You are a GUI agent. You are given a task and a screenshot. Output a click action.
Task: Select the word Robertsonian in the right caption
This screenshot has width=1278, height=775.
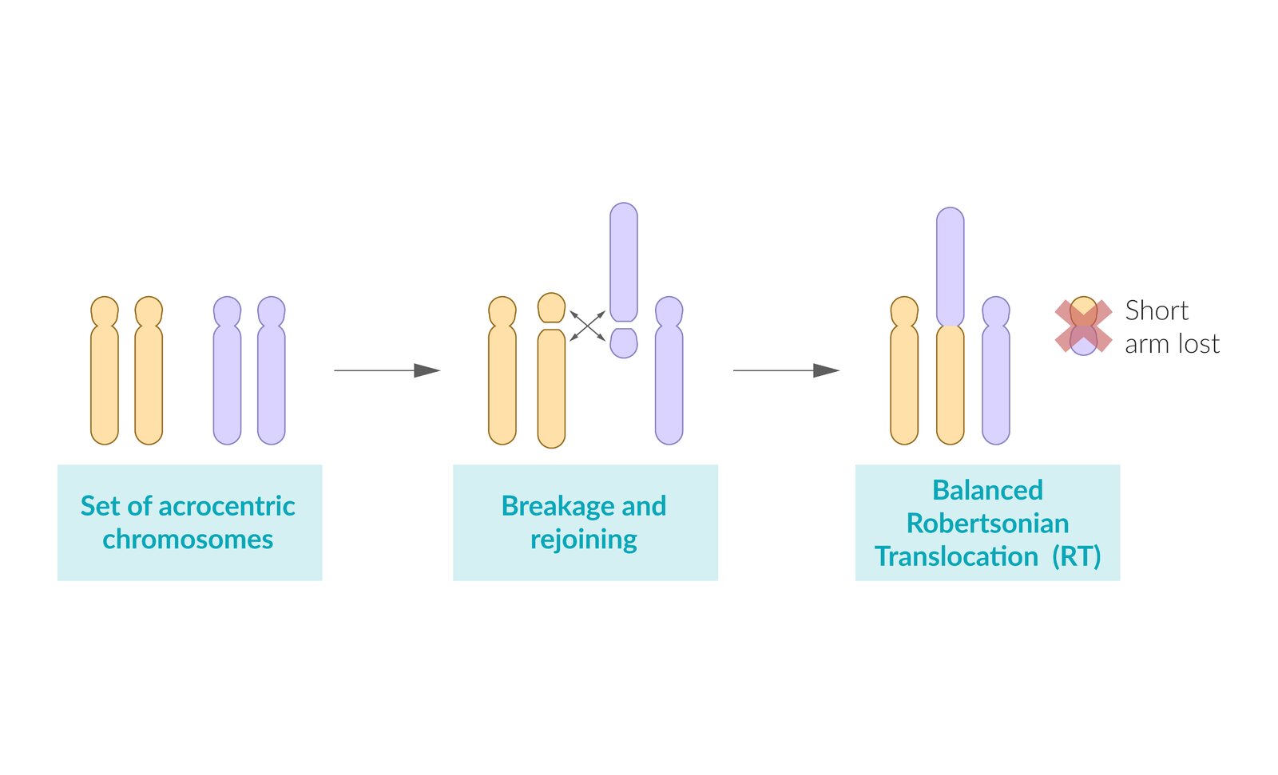tap(987, 524)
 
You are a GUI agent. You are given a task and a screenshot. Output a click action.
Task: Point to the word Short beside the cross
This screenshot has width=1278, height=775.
tap(1156, 310)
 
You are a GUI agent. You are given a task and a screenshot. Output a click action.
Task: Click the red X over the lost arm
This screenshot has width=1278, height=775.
tap(1083, 326)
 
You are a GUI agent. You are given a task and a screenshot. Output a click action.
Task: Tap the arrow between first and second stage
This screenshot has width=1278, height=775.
tap(387, 370)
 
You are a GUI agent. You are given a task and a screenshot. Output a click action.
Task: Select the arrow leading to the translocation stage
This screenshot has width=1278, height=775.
tap(786, 370)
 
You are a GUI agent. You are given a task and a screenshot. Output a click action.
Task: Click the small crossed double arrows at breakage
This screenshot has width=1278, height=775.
tap(587, 326)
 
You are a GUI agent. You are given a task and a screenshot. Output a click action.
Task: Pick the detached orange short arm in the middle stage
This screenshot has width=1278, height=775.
tap(551, 308)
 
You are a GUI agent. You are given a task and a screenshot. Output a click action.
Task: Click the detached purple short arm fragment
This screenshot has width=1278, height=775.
tap(623, 342)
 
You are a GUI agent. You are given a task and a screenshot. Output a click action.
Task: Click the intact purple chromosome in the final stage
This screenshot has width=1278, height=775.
tap(995, 375)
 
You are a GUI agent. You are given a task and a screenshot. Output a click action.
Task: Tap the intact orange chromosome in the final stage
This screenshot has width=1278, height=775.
tap(904, 375)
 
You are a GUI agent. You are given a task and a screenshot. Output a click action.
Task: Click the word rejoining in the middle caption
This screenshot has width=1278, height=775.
tap(583, 540)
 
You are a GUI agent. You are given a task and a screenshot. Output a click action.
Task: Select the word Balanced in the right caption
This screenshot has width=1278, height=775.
tap(987, 490)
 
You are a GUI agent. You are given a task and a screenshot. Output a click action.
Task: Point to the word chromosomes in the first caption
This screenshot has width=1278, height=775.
tap(188, 540)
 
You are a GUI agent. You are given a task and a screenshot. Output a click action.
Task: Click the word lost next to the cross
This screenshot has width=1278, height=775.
tap(1197, 344)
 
